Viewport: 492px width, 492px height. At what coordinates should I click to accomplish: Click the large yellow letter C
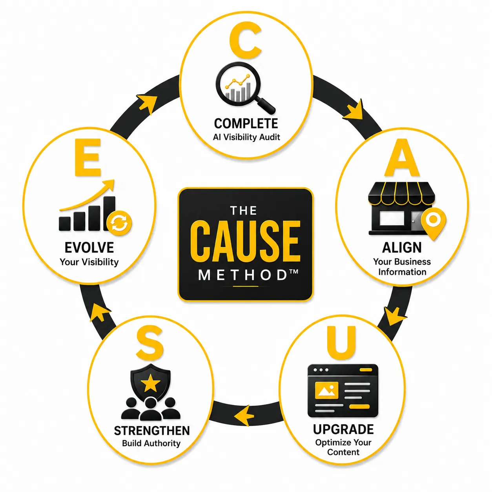coord(245,40)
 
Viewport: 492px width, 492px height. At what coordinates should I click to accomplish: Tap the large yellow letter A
coord(402,158)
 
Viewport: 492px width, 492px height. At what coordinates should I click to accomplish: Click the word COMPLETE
coord(246,124)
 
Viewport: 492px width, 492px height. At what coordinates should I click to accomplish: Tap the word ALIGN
coord(402,248)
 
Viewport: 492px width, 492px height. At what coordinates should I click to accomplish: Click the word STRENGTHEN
coord(152,431)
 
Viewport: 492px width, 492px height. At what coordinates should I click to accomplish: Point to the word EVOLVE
coord(89,248)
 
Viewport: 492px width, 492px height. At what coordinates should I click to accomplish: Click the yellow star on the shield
coord(151,383)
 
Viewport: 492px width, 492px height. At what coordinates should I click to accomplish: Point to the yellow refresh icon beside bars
coord(119,223)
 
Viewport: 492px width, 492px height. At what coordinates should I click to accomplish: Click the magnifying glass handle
coord(266,105)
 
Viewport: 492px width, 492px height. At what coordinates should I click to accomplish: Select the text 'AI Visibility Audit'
coord(246,137)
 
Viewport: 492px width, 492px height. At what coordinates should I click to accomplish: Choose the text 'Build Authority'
coord(151,443)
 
